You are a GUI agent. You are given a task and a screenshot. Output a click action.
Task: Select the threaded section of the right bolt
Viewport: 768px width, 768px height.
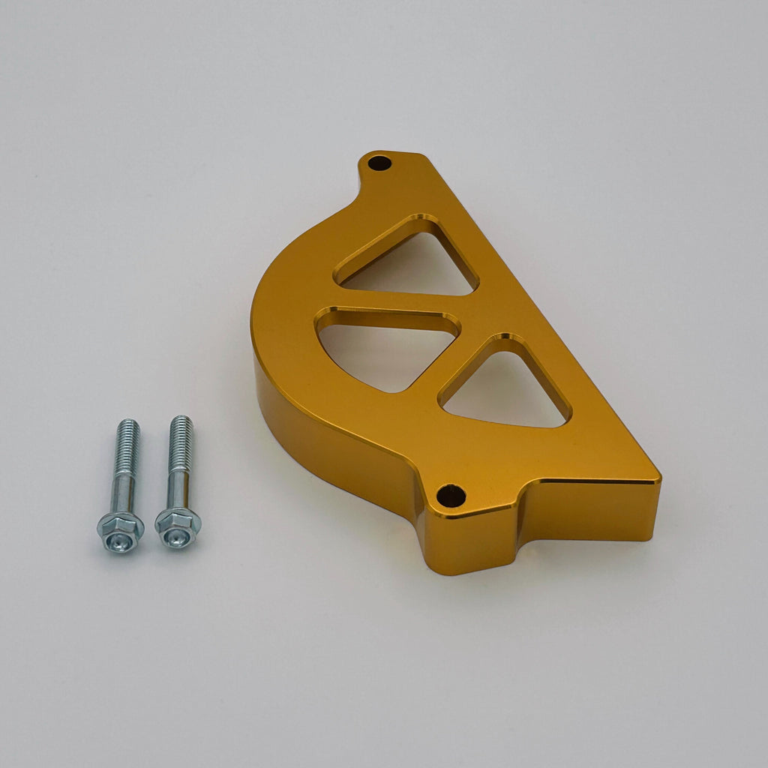click(x=180, y=442)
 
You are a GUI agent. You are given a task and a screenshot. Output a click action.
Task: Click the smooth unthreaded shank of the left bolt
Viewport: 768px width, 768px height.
click(x=124, y=491)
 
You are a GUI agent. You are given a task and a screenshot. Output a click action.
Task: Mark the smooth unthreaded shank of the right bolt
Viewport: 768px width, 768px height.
click(x=178, y=487)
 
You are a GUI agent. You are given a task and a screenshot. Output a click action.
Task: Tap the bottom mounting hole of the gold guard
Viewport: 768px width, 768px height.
click(x=451, y=495)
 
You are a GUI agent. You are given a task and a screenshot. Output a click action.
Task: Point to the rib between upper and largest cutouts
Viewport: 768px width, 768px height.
click(x=390, y=301)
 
